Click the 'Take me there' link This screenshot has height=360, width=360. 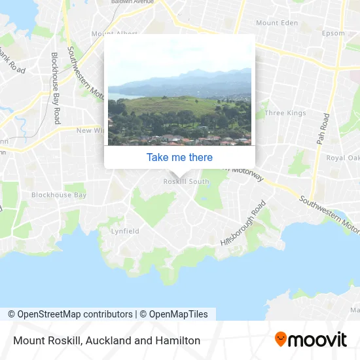[x=179, y=157]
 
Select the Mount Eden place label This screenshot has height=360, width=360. [x=276, y=23]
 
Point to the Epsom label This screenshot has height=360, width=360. [x=333, y=33]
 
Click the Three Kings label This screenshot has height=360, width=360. [x=285, y=113]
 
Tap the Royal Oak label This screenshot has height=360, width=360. [x=343, y=158]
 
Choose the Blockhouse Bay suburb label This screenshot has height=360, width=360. [x=59, y=195]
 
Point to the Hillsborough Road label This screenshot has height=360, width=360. [x=244, y=223]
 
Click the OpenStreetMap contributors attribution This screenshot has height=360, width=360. [x=70, y=314]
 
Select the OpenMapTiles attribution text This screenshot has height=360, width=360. [x=173, y=314]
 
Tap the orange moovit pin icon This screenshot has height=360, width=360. [x=281, y=340]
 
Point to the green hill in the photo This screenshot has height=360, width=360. [x=170, y=107]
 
